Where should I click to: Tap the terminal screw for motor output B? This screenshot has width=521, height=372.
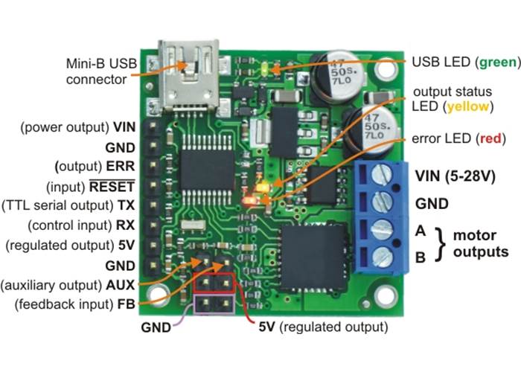tap(382, 257)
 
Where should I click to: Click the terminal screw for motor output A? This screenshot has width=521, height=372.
tap(382, 230)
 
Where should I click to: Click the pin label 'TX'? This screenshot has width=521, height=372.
tap(126, 205)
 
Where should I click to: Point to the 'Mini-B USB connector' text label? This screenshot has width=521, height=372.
tap(97, 71)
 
